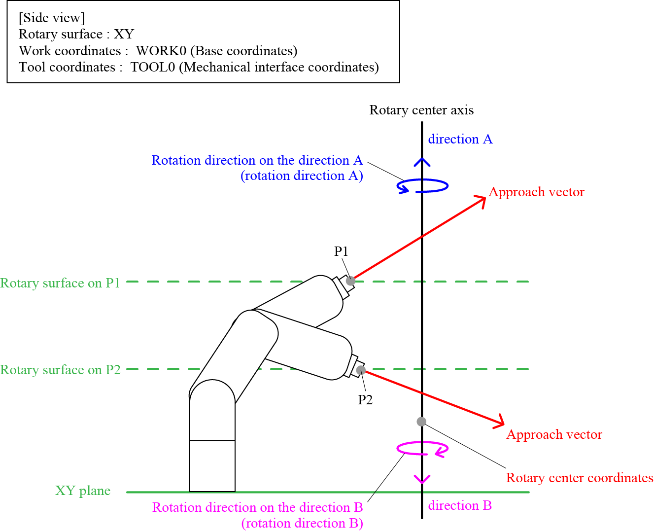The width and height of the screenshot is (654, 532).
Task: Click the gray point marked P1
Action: [350, 281]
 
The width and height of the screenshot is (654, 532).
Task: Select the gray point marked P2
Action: [361, 370]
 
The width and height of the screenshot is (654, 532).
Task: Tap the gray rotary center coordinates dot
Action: [421, 422]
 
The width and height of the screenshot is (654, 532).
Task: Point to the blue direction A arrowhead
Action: [422, 161]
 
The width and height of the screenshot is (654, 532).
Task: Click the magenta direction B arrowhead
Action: [422, 480]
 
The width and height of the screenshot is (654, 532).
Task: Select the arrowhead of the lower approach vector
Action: [500, 423]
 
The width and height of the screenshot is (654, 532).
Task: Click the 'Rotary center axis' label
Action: [421, 110]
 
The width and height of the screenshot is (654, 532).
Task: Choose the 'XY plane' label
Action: [83, 491]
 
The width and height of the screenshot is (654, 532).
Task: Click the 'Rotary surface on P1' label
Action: [60, 283]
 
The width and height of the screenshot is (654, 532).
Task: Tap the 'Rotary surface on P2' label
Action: [60, 370]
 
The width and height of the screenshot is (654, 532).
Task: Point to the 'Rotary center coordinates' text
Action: [580, 478]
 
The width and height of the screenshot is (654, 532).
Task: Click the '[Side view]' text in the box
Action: [52, 18]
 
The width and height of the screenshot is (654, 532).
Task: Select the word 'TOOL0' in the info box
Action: [152, 67]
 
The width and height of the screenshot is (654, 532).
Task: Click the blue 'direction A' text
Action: [460, 139]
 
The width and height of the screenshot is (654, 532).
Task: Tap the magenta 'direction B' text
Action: [460, 505]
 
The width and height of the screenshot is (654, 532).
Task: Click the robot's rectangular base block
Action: [212, 465]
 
